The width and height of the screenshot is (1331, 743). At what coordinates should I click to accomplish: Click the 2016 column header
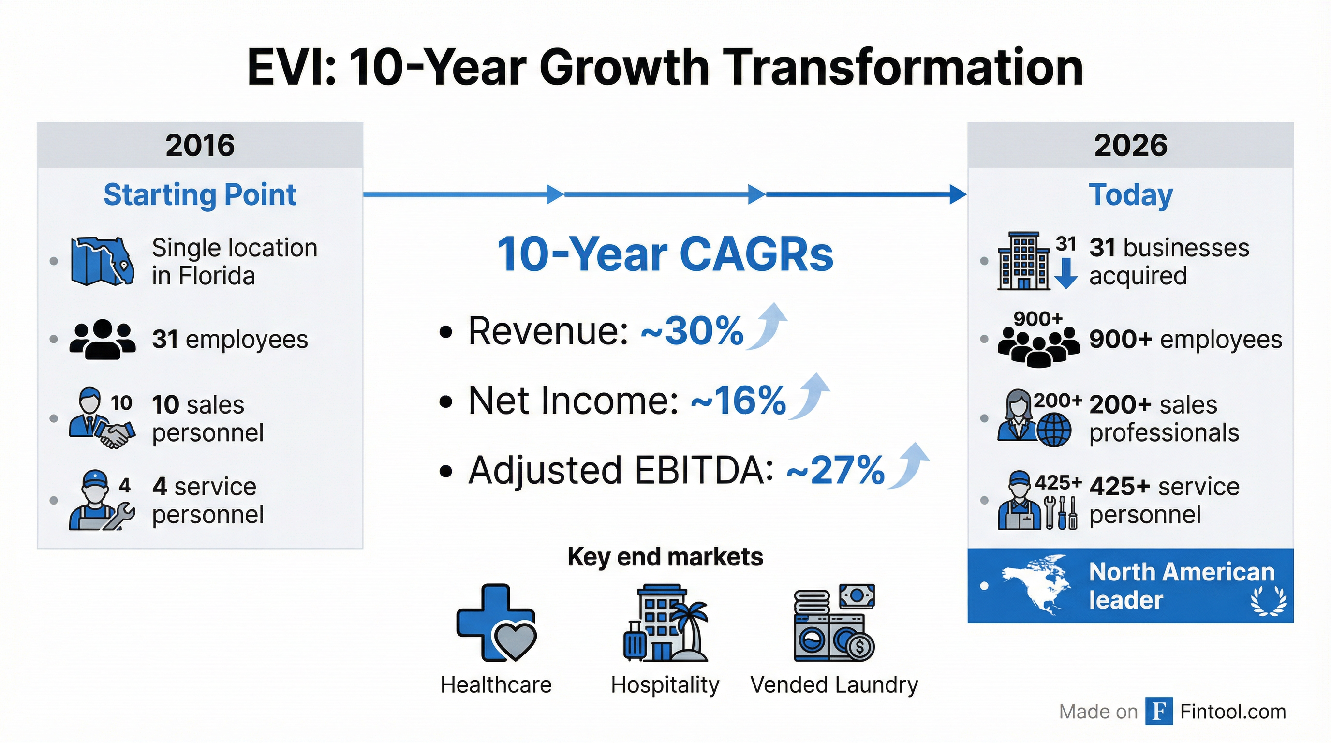[200, 145]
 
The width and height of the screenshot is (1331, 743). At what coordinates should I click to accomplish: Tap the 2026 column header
[1130, 145]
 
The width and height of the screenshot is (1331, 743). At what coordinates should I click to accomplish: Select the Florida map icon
[103, 261]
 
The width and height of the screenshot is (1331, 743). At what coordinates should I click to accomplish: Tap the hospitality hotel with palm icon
[665, 623]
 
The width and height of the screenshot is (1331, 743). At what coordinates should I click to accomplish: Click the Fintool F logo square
[1158, 712]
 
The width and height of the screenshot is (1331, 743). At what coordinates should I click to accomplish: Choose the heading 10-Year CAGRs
[665, 254]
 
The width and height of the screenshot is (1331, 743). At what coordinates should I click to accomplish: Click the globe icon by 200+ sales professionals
[1054, 431]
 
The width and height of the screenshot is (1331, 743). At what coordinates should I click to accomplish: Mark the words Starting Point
[200, 195]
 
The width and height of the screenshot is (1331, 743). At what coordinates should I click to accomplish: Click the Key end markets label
[665, 557]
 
